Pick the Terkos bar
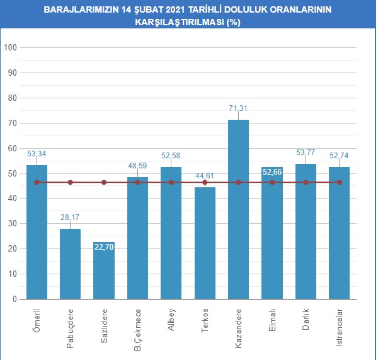[x=205, y=246]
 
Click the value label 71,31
[x=238, y=108]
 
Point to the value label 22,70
[x=104, y=247]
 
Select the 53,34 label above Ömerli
[x=37, y=153]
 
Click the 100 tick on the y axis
[x=10, y=48]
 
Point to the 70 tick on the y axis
[x=13, y=124]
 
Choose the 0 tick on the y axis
[x=14, y=299]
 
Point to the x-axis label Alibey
[x=171, y=320]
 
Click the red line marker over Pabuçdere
[x=70, y=182]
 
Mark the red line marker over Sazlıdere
[x=104, y=182]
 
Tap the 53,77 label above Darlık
[x=306, y=153]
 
